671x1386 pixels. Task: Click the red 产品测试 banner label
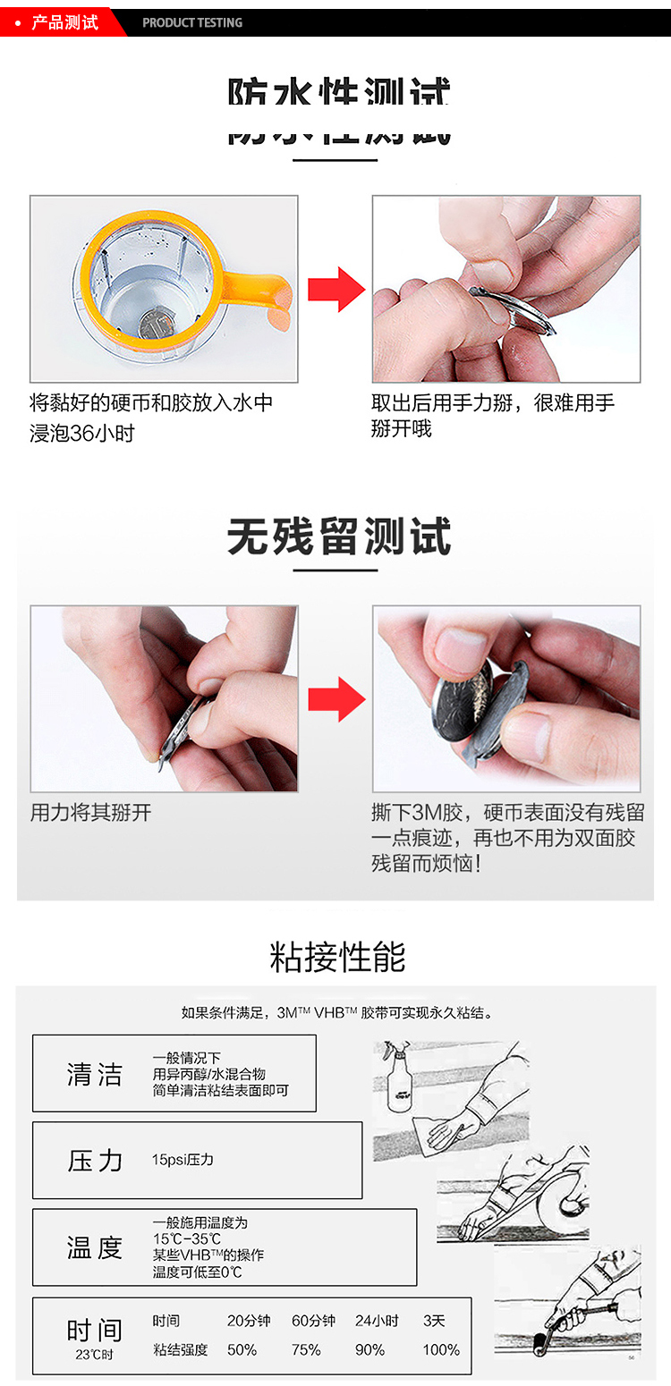pyautogui.click(x=64, y=22)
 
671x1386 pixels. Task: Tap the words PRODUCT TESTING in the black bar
pyautogui.click(x=192, y=22)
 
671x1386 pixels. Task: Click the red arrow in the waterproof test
pyautogui.click(x=335, y=290)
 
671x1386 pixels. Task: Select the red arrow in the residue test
pyautogui.click(x=335, y=699)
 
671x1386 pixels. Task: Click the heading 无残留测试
pyautogui.click(x=338, y=537)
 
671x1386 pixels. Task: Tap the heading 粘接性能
pyautogui.click(x=337, y=957)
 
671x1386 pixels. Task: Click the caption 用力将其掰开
pyautogui.click(x=91, y=813)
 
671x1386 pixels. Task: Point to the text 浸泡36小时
pyautogui.click(x=82, y=434)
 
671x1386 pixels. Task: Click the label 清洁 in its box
pyautogui.click(x=95, y=1074)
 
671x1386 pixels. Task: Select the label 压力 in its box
pyautogui.click(x=95, y=1161)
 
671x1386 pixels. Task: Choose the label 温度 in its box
pyautogui.click(x=95, y=1247)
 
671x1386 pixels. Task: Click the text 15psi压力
pyautogui.click(x=183, y=1160)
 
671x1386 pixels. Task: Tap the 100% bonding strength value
pyautogui.click(x=441, y=1349)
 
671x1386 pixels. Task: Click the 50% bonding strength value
pyautogui.click(x=242, y=1349)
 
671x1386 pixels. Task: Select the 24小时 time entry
pyautogui.click(x=377, y=1321)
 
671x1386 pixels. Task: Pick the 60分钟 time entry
pyautogui.click(x=313, y=1321)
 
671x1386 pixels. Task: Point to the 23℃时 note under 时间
pyautogui.click(x=94, y=1355)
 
